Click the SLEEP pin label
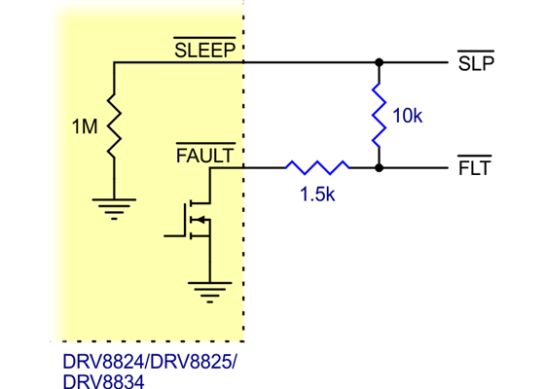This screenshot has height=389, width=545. tap(204, 51)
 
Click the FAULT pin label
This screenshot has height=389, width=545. tap(204, 156)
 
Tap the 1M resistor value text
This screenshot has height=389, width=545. tap(85, 127)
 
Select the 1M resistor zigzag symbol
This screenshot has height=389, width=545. tap(115, 126)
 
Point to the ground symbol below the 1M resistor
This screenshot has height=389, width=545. tap(115, 207)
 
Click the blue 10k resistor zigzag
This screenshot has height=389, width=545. tap(378, 115)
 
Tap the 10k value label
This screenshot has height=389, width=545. tap(407, 117)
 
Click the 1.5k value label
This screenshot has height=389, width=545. tap(317, 194)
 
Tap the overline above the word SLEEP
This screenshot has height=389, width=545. tap(204, 39)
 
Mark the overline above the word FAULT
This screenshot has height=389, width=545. tap(204, 144)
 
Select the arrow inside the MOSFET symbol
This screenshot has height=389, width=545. tap(200, 220)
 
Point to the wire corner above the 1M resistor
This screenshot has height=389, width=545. tap(115, 62)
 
